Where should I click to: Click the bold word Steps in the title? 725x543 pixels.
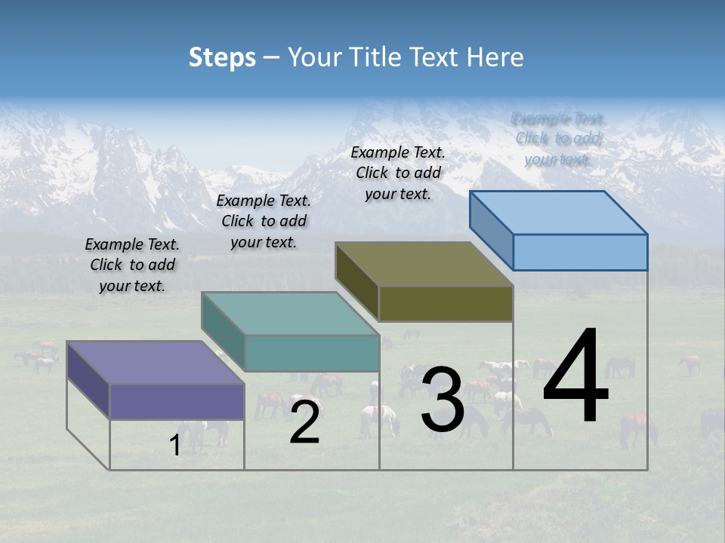coord(222,57)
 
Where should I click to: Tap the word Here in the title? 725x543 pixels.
coord(496,57)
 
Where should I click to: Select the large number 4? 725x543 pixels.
coord(575,376)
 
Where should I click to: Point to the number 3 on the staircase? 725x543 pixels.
coord(443,400)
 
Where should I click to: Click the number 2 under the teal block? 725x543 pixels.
coord(304,422)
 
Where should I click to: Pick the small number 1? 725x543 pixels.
coord(175,446)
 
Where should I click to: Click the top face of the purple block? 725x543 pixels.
coord(155,362)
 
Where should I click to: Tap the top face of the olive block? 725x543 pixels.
coord(424,263)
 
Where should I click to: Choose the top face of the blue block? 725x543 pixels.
coord(558,212)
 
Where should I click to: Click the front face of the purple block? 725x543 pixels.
coord(177,401)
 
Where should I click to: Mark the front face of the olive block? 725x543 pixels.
coord(446,303)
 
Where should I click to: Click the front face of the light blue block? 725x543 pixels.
coord(580,252)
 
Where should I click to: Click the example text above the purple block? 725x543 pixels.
coord(132,265)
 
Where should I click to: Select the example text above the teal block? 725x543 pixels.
coord(264,221)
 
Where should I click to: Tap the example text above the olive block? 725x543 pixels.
coord(398,173)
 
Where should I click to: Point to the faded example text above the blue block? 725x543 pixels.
coord(558,139)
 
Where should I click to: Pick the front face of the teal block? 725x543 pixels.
coord(311,353)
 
